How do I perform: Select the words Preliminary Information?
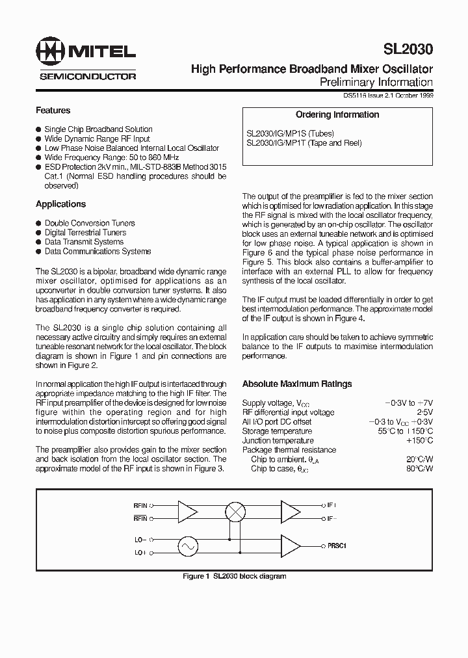tap(376, 82)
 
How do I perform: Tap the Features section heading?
tap(53, 111)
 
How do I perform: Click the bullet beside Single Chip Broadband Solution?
tap(38, 129)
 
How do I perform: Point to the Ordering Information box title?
tap(337, 115)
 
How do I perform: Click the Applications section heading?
tap(60, 204)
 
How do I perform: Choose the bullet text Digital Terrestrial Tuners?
tap(85, 232)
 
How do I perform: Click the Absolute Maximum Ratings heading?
tap(296, 384)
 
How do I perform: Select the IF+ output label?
tap(331, 505)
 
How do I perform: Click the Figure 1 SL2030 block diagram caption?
tap(234, 576)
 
